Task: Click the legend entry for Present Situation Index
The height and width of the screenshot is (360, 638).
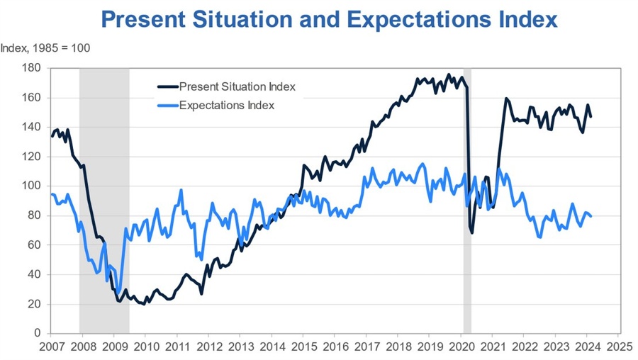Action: coord(237,87)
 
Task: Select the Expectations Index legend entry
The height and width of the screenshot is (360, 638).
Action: coord(227,105)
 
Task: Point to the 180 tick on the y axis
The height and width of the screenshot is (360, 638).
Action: coord(31,68)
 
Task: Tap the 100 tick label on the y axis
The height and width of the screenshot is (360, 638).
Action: coord(31,186)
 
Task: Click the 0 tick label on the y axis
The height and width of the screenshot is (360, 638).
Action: coord(37,333)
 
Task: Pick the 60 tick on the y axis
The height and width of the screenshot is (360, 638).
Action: coord(33,244)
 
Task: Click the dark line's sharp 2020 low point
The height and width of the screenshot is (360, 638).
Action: coord(471,232)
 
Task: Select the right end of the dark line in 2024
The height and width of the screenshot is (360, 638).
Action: coord(591,117)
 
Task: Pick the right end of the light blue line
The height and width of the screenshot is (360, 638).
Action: coord(591,216)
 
